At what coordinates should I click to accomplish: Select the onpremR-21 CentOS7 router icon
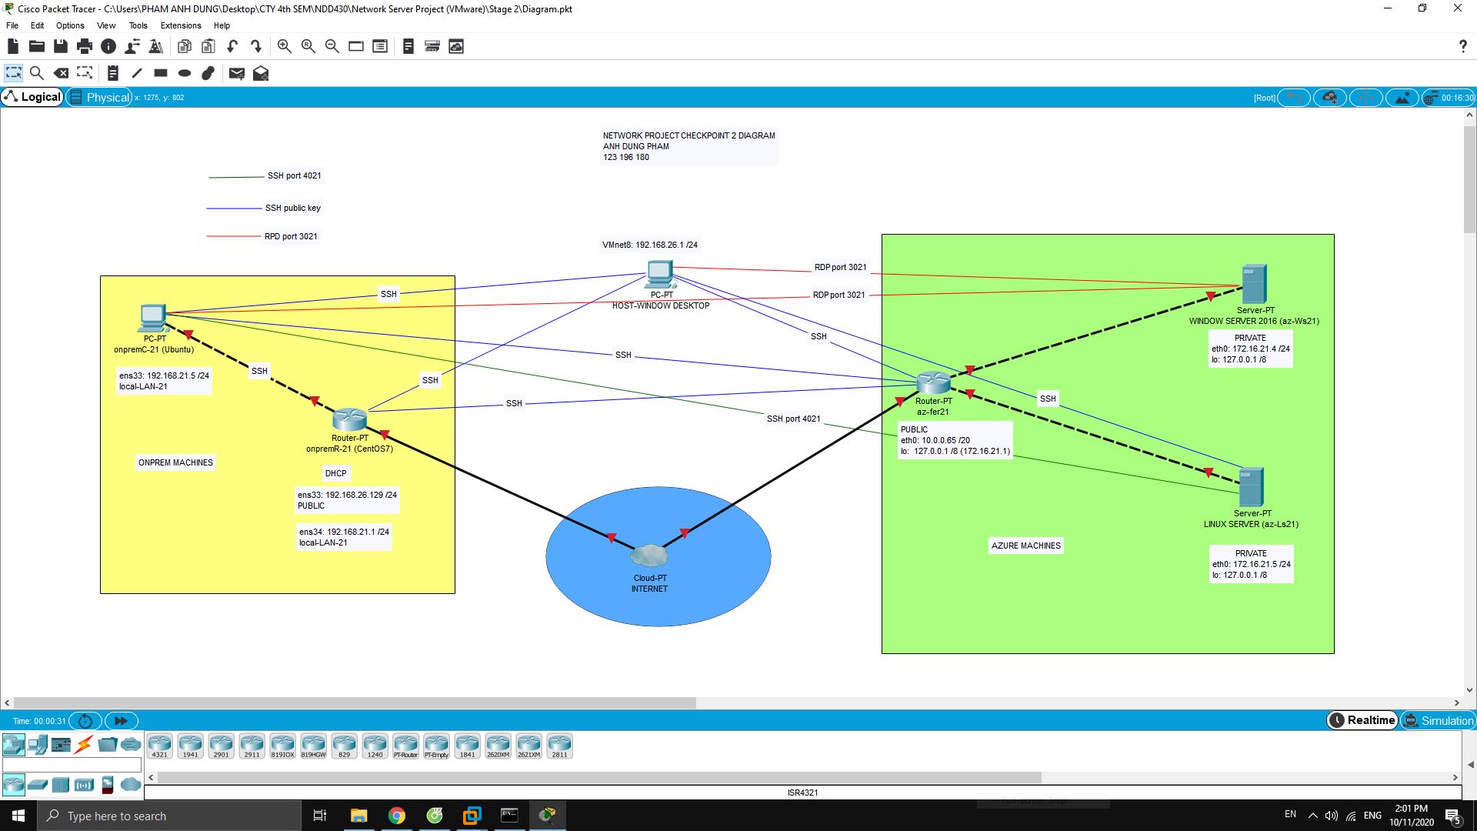349,419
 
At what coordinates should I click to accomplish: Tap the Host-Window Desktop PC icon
660,274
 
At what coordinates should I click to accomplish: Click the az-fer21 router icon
933,382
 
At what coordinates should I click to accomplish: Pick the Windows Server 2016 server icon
1254,284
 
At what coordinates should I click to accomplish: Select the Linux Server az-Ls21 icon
1251,487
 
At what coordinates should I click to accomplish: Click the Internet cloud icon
649,556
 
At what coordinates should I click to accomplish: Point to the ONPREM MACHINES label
175,462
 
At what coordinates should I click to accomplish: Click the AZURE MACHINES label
1025,546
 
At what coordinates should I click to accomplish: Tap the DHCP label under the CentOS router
335,473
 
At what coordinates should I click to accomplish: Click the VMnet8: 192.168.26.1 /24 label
649,245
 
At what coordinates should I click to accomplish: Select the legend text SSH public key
292,208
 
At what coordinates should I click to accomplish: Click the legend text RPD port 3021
291,236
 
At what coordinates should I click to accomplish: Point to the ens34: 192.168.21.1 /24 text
344,532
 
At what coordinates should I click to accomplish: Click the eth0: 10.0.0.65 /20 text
935,440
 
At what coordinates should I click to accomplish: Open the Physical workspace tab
100,97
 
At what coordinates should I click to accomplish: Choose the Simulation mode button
1438,720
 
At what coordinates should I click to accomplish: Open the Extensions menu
181,25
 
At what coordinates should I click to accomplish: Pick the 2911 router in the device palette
252,745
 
